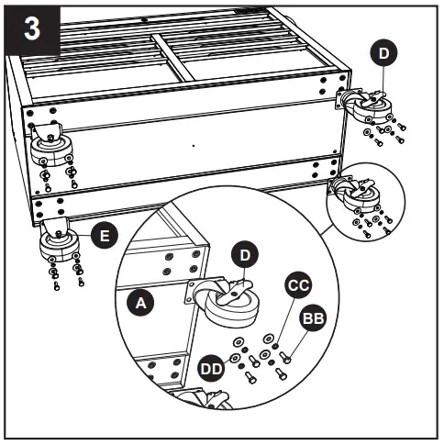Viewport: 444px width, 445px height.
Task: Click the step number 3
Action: point(32,29)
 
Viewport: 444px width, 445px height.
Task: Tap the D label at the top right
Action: point(383,53)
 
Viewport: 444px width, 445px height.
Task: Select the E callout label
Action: point(105,236)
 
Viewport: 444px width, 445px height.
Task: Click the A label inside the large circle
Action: point(140,303)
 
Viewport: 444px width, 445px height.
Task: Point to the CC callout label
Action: point(298,285)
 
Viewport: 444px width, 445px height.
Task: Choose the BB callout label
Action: point(313,318)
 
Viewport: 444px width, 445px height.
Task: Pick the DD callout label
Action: point(212,369)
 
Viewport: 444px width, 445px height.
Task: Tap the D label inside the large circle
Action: point(245,255)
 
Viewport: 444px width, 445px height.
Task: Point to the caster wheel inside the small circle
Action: point(356,195)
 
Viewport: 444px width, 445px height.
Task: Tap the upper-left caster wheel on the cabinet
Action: point(51,145)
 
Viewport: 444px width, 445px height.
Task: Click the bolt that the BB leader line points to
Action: point(285,358)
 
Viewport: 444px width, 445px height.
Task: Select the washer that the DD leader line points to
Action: point(235,357)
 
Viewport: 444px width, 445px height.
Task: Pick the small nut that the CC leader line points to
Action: point(275,346)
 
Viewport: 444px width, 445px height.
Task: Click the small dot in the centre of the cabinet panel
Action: point(194,146)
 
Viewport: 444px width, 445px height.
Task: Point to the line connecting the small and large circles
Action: point(327,229)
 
